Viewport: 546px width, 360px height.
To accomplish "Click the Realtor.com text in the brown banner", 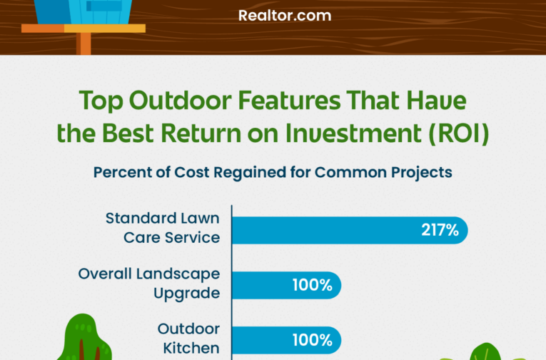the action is [285, 16].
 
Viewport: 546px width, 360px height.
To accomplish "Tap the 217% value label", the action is [440, 230].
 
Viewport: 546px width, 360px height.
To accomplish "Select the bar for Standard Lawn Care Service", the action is [350, 230].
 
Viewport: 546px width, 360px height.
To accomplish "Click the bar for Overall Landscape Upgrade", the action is [287, 285].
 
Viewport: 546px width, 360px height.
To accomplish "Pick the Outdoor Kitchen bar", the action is [287, 340].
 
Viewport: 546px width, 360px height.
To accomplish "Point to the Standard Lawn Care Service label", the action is [163, 228].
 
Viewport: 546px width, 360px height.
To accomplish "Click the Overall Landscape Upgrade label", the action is [149, 284].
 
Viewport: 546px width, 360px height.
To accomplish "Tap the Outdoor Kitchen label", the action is [188, 339].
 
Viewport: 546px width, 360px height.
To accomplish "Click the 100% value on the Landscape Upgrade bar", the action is [313, 285].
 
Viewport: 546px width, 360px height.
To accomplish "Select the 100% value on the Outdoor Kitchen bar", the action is [313, 340].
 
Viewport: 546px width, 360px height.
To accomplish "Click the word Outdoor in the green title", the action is [180, 101].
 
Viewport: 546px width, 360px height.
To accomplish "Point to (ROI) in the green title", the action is [459, 134].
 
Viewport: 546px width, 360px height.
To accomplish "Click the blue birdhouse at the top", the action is [84, 11].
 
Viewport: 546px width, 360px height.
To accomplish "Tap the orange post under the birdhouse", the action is [84, 44].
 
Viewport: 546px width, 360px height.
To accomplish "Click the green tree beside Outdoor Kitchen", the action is [84, 337].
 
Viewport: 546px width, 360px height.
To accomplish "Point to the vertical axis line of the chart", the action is [231, 282].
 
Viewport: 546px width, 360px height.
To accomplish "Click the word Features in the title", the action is [289, 101].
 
